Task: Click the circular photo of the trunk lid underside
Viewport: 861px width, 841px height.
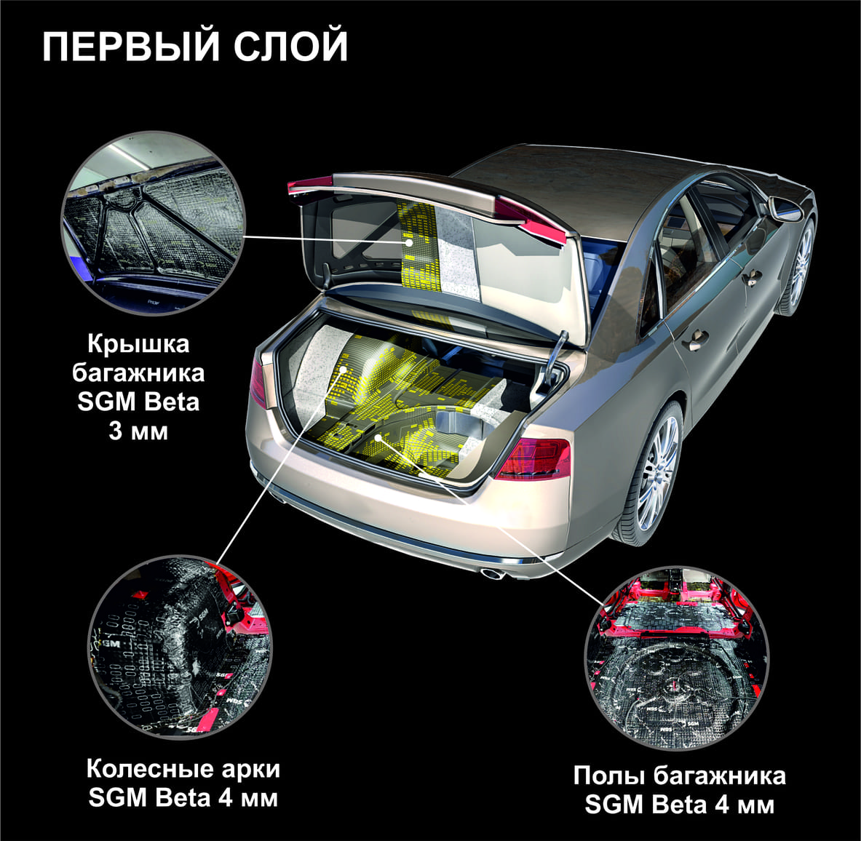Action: (153, 224)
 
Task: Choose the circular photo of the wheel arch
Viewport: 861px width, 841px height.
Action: (180, 647)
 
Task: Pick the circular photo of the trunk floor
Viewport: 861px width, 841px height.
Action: (677, 658)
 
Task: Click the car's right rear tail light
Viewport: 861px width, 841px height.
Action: (533, 458)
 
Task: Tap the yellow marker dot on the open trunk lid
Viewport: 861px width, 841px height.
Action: (408, 242)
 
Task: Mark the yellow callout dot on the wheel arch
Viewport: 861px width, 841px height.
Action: (344, 370)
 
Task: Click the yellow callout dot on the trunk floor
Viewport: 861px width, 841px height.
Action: (379, 437)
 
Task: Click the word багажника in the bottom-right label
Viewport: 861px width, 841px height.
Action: (719, 776)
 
